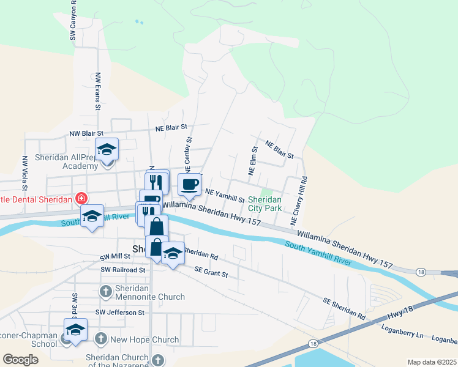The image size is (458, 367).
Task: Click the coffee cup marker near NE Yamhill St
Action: pos(189,184)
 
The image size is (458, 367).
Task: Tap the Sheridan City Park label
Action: pos(265,204)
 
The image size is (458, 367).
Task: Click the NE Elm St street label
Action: pos(251,161)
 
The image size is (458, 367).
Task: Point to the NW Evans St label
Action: pos(98,92)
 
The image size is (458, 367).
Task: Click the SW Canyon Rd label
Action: pos(73,20)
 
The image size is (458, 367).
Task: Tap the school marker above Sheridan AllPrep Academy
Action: pos(107,149)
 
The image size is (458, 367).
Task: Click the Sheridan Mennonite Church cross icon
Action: pos(105,291)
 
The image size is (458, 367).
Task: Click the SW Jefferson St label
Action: pos(119,313)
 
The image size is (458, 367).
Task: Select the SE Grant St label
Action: pos(211,272)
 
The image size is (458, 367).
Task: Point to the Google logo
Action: pos(21,360)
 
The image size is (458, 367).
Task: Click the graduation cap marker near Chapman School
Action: pos(75,330)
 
